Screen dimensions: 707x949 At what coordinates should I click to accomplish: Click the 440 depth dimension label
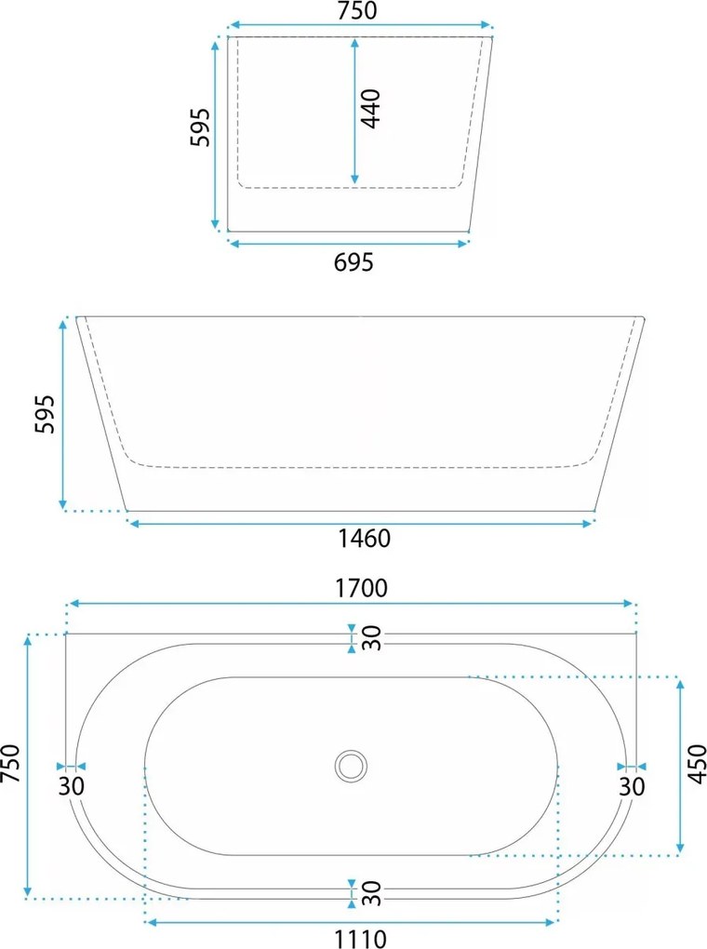pyautogui.click(x=370, y=108)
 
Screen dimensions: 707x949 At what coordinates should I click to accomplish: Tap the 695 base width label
pyautogui.click(x=354, y=262)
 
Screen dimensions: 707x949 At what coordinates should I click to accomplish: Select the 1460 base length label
pyautogui.click(x=364, y=538)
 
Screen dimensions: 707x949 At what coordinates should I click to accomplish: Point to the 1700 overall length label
pyautogui.click(x=361, y=588)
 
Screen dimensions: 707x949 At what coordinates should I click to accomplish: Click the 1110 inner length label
pyautogui.click(x=361, y=939)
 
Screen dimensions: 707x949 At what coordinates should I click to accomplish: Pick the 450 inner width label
pyautogui.click(x=698, y=765)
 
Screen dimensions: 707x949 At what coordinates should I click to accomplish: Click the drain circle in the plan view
pyautogui.click(x=351, y=767)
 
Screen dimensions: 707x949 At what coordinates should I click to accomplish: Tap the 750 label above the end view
pyautogui.click(x=357, y=11)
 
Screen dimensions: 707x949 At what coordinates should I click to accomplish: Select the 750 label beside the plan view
pyautogui.click(x=11, y=764)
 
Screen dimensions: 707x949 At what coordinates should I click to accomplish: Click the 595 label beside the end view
pyautogui.click(x=200, y=127)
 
